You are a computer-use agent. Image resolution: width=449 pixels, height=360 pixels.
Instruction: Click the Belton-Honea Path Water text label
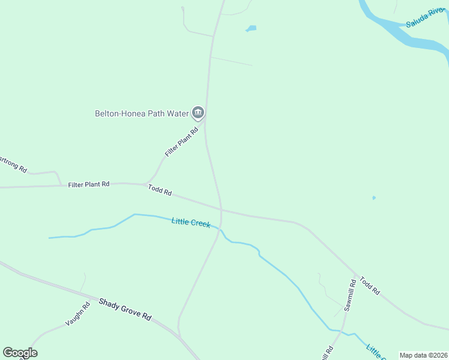(141, 113)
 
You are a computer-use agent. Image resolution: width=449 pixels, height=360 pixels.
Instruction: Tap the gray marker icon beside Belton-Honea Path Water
(198, 112)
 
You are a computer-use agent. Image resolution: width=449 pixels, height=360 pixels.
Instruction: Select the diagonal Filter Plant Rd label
(181, 142)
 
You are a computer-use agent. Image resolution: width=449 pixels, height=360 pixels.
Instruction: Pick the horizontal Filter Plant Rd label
(89, 184)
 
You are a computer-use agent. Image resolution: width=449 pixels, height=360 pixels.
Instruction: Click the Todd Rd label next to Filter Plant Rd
(160, 190)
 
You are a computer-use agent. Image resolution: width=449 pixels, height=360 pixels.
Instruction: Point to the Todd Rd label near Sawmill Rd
(370, 286)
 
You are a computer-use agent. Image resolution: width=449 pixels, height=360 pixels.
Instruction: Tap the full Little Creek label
(191, 222)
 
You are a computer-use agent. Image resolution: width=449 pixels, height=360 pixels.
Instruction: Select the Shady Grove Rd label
(125, 309)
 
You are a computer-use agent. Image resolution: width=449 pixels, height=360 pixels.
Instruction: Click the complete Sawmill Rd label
(350, 295)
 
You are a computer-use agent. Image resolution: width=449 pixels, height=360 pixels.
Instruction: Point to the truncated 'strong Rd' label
(13, 164)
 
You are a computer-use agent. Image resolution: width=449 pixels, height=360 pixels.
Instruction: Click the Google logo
(20, 352)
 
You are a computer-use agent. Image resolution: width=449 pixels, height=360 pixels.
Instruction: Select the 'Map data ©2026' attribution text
(423, 355)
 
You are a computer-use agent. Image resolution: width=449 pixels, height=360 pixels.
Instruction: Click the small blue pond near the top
(251, 28)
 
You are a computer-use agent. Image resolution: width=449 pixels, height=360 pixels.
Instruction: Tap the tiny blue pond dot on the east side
(373, 197)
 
